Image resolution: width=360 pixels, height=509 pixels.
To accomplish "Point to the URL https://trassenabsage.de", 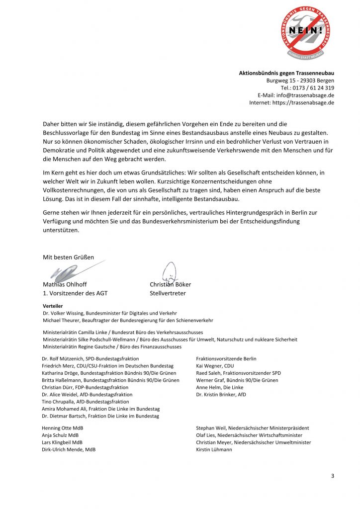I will coord(309,103).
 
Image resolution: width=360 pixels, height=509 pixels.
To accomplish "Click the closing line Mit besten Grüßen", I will coord(68,257).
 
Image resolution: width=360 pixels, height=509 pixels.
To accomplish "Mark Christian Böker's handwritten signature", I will coord(170,272).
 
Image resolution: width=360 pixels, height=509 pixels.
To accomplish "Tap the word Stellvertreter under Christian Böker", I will coord(168,293).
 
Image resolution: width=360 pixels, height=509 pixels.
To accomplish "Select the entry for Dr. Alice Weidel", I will coord(87,394).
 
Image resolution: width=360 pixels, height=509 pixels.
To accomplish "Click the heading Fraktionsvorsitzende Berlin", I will coord(226,359).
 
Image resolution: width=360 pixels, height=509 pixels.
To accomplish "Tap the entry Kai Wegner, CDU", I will coord(215,366).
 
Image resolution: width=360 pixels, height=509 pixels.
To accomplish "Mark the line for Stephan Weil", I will coord(253,428).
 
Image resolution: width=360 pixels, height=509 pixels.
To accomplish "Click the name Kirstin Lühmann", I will coord(214,449).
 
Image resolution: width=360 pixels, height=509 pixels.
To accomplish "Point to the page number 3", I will coord(333,476).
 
